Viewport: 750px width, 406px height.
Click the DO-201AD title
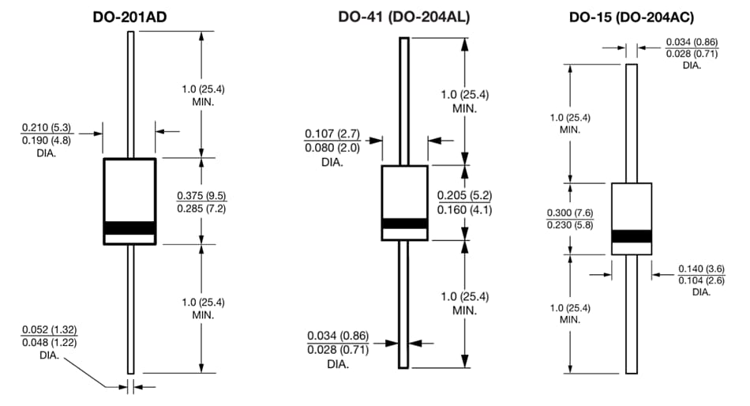pyautogui.click(x=130, y=16)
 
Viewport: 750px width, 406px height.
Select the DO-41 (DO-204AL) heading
pyautogui.click(x=405, y=16)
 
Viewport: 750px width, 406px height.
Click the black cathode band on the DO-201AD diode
pyautogui.click(x=130, y=227)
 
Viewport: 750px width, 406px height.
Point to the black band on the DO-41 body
pyautogui.click(x=405, y=224)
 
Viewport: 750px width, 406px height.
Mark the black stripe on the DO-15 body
pyautogui.click(x=632, y=236)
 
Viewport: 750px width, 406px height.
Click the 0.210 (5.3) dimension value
pyautogui.click(x=47, y=127)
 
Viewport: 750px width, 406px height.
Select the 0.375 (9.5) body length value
pyautogui.click(x=204, y=195)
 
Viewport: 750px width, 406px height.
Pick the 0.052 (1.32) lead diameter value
pyautogui.click(x=49, y=329)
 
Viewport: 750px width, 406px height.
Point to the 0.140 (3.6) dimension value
pyautogui.click(x=701, y=269)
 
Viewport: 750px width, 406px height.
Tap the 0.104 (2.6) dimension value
pyautogui.click(x=701, y=280)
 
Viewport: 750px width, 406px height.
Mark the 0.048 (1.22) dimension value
pyautogui.click(x=49, y=342)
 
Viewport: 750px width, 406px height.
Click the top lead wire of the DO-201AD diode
pyautogui.click(x=130, y=95)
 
